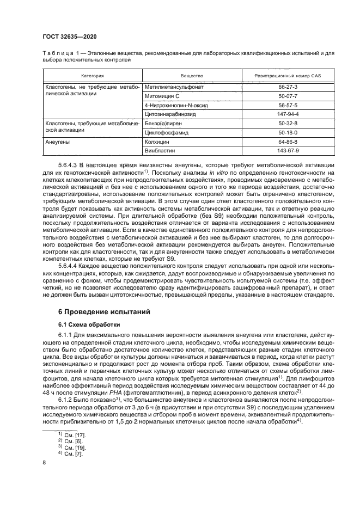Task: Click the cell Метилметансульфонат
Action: pos(171,86)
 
